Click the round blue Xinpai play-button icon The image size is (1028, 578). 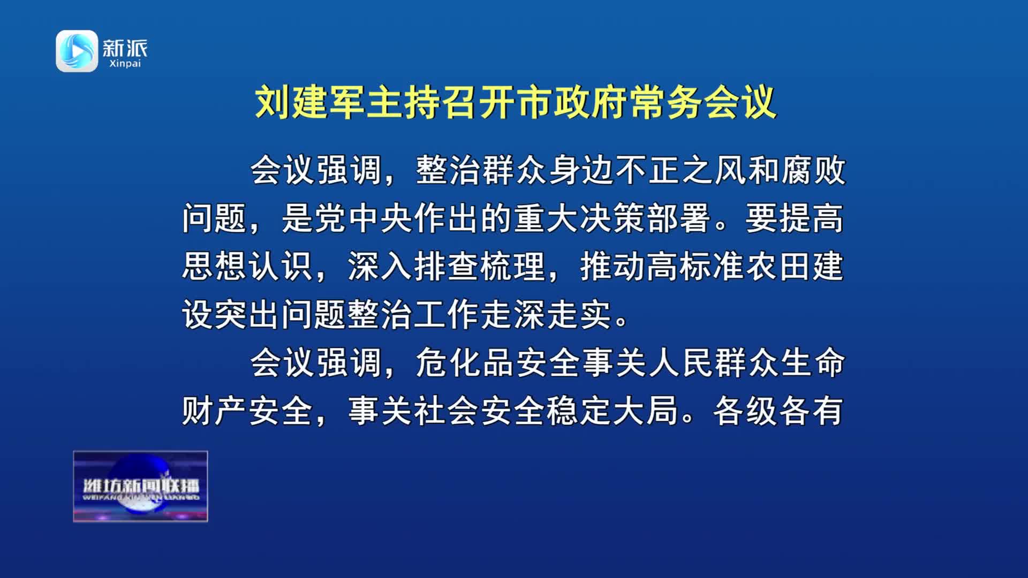(77, 51)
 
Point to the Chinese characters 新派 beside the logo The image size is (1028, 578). (125, 48)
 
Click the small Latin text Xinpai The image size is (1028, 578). (125, 64)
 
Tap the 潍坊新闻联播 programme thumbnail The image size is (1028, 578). (140, 486)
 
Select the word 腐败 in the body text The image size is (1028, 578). (813, 171)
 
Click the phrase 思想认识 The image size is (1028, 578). (247, 267)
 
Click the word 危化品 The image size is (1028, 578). (465, 363)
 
